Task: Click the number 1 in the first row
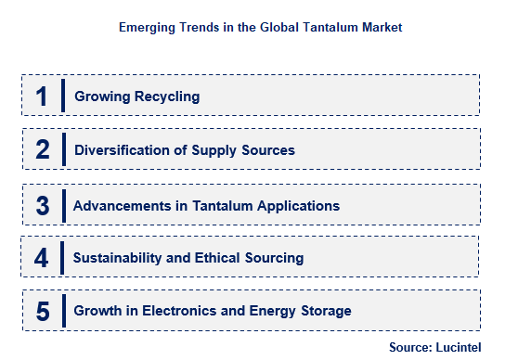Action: coord(42,96)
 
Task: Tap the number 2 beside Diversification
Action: coord(42,149)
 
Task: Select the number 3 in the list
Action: coord(42,204)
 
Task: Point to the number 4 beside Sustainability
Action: coord(42,257)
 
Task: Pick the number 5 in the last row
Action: coord(42,311)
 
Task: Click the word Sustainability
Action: coord(118,258)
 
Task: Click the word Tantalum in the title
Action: coord(315,28)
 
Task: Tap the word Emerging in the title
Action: coord(147,28)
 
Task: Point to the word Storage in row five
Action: coord(326,311)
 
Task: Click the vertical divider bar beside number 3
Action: coord(63,204)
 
